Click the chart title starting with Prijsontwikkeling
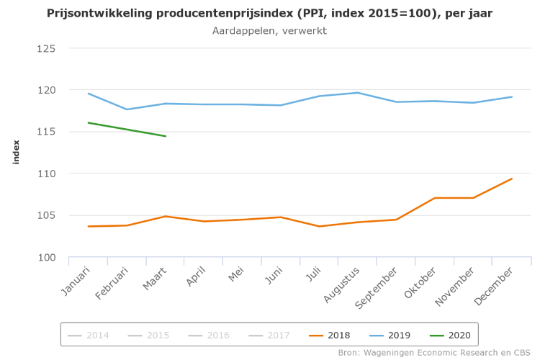point(270,14)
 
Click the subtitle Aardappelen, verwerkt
point(270,31)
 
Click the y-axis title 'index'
point(16,152)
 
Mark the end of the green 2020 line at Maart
point(166,136)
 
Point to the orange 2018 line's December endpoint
point(512,179)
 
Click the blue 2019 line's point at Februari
point(127,109)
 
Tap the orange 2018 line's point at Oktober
point(435,198)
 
